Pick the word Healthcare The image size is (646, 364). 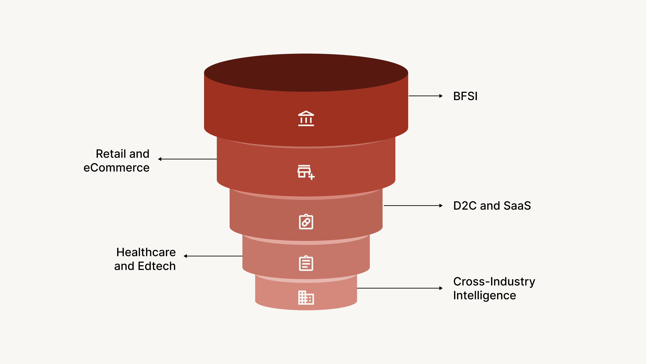pyautogui.click(x=146, y=252)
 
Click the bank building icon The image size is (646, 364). pyautogui.click(x=306, y=118)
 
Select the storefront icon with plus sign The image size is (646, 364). pyautogui.click(x=306, y=172)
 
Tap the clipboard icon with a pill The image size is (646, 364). pyautogui.click(x=306, y=222)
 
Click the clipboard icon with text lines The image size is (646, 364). pyautogui.click(x=306, y=263)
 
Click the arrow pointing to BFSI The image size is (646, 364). pyautogui.click(x=426, y=96)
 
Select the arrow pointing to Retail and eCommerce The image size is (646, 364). pyautogui.click(x=187, y=159)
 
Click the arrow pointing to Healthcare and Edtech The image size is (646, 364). pyautogui.click(x=213, y=256)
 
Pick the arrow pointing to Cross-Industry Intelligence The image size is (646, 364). pyautogui.click(x=400, y=288)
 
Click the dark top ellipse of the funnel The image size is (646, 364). pyautogui.click(x=306, y=73)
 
